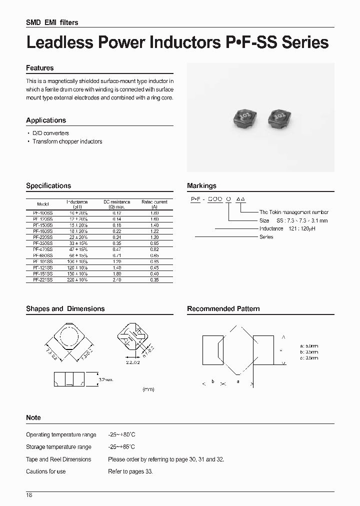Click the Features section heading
[39, 68]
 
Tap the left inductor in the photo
[241, 118]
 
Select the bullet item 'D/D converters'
[50, 133]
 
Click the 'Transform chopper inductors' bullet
[67, 141]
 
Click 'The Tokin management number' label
[293, 212]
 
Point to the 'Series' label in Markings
[266, 237]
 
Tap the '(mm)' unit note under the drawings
[148, 388]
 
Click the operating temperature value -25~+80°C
[121, 435]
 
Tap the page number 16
[29, 495]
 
